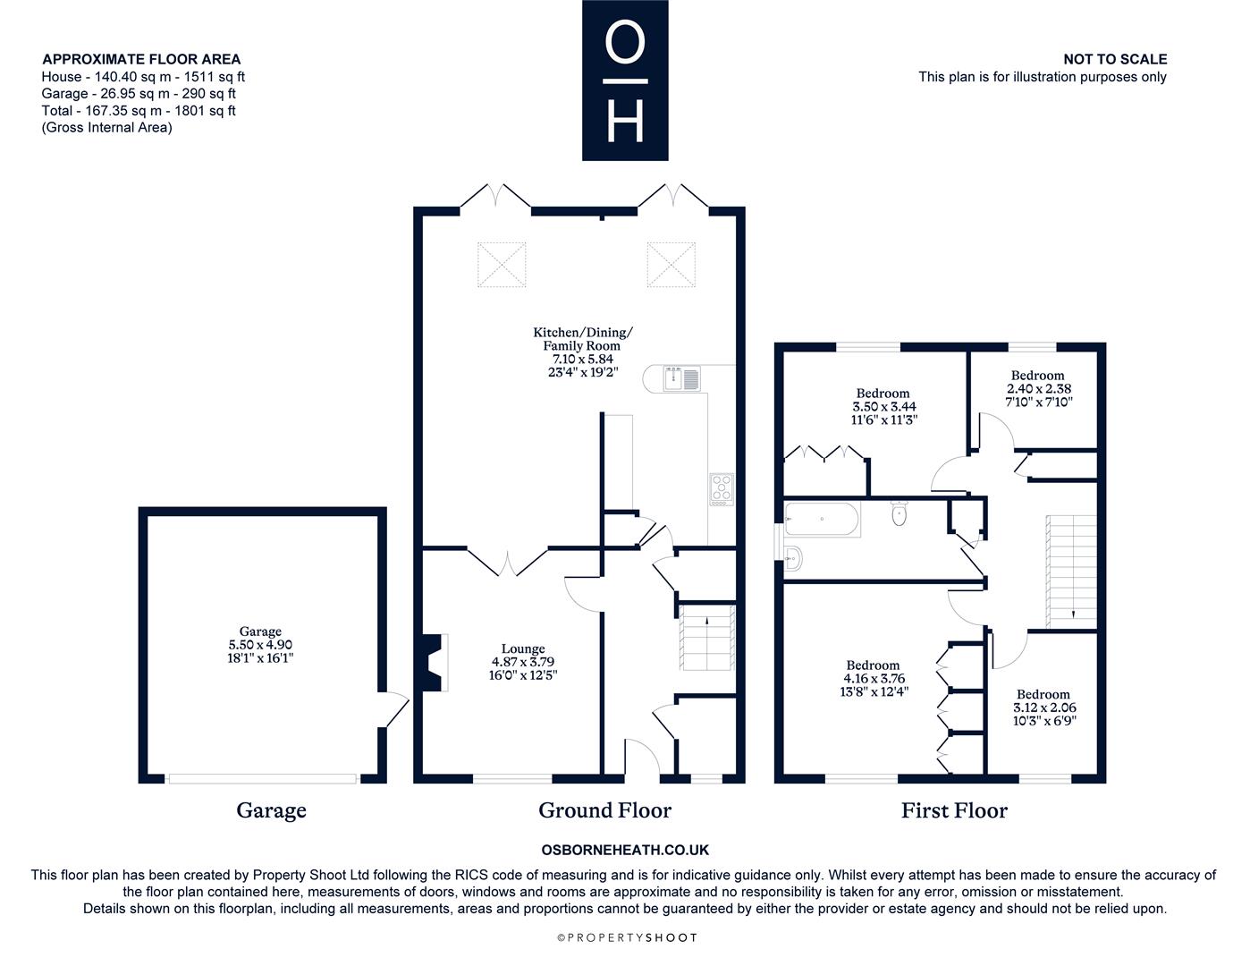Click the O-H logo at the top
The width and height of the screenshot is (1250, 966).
(x=625, y=80)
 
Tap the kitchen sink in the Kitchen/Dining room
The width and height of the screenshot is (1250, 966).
(x=681, y=378)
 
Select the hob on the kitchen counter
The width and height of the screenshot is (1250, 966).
(x=722, y=489)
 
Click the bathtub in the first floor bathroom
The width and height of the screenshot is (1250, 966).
(x=822, y=519)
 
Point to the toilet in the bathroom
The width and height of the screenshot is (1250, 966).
(x=899, y=513)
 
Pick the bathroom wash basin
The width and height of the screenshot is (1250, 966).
(x=793, y=557)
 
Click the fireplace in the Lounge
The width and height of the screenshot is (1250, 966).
(x=435, y=662)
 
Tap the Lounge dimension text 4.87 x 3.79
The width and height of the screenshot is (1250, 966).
(x=523, y=662)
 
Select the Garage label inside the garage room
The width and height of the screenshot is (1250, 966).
(x=260, y=631)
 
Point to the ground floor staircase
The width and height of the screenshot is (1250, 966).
(x=707, y=637)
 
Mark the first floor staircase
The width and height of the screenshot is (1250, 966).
(x=1071, y=572)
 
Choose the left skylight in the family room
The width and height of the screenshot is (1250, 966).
(x=502, y=265)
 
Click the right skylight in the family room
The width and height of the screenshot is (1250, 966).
(x=671, y=265)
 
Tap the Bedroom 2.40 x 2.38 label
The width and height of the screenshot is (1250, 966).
(x=1038, y=388)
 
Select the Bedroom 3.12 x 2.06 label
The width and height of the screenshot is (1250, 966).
(x=1044, y=708)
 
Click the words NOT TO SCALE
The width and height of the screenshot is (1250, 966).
(x=1115, y=59)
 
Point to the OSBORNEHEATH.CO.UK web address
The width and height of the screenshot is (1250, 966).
(x=625, y=850)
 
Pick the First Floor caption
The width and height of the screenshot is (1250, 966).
(x=954, y=810)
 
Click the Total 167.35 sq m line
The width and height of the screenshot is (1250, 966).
(x=139, y=111)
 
